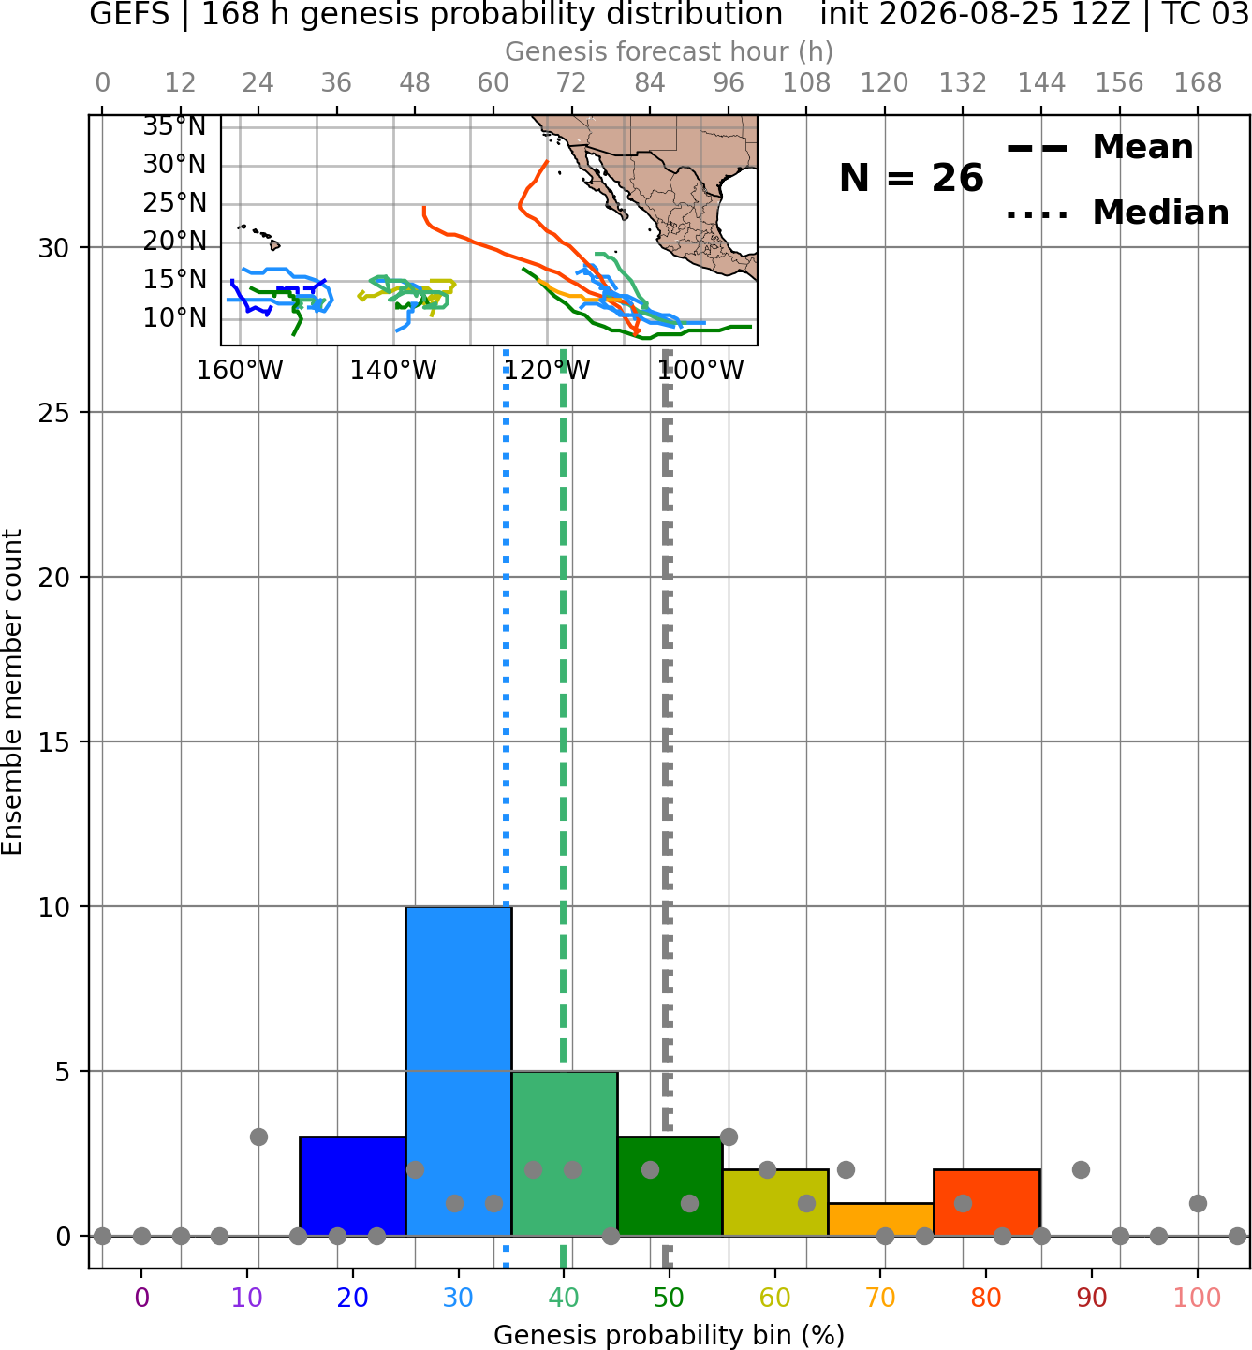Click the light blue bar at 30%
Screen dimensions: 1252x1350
click(458, 1071)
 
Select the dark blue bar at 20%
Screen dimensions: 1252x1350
click(353, 1186)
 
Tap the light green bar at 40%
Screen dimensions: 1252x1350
click(565, 1153)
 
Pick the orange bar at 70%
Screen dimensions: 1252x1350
click(880, 1220)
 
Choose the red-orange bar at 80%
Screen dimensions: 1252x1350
click(987, 1202)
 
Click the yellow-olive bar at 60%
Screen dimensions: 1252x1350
click(775, 1202)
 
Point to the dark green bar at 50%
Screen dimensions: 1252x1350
click(670, 1186)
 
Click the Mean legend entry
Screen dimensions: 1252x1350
click(1099, 148)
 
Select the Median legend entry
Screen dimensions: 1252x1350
click(1117, 213)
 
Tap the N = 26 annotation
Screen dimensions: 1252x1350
click(911, 178)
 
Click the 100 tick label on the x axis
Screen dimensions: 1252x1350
click(1198, 1298)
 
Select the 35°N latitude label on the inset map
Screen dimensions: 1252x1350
click(174, 126)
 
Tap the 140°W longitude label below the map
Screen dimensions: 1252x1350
click(393, 371)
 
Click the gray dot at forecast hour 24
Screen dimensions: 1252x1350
click(258, 1137)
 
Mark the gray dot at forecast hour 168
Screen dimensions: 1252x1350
click(1198, 1203)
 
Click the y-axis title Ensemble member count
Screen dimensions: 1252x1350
click(11, 692)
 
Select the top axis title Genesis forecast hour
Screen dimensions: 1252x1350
click(670, 51)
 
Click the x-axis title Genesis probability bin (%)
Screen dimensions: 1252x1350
click(670, 1335)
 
